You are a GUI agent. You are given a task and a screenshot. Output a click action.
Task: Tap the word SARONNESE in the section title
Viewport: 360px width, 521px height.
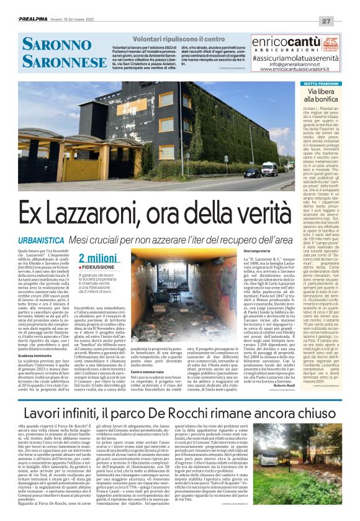pos(57,63)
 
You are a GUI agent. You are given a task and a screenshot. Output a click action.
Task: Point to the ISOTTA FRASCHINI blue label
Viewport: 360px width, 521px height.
pos(319,83)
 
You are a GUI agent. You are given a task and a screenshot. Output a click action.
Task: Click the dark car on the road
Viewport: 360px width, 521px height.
pos(252,173)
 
